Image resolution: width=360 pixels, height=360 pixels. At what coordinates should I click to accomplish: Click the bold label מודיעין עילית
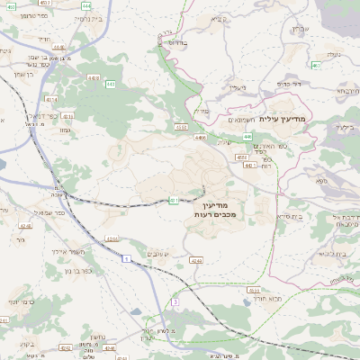pos(282,118)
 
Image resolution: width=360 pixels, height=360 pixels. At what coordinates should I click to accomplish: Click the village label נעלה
pos(333,55)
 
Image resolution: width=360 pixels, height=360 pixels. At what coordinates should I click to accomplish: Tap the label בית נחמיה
pos(85,18)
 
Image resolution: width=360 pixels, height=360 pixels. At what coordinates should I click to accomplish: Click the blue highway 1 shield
pos(128,257)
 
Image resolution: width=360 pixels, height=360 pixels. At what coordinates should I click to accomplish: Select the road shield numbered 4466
pos(199,137)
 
